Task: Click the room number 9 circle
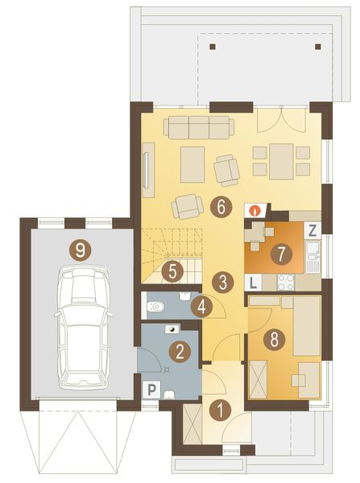(79, 250)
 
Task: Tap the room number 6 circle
(219, 206)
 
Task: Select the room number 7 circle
(279, 254)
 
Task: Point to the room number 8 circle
(275, 340)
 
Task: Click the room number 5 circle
(170, 272)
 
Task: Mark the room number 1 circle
(217, 408)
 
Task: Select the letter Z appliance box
(313, 228)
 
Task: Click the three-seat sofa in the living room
(198, 126)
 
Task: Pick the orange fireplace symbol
(254, 210)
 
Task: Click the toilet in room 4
(159, 306)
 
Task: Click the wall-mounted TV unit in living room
(148, 169)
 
